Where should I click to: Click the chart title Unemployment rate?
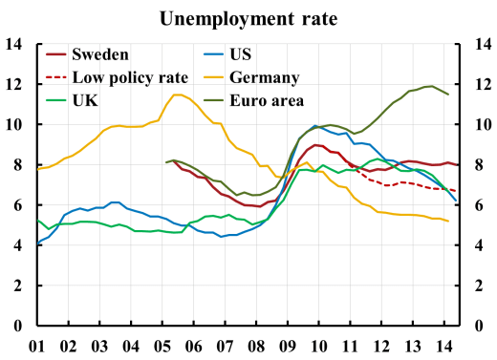pos(248,17)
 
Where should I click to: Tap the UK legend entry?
pos(89,99)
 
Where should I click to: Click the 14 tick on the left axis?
pos(14,44)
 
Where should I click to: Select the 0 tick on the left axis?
pos(19,327)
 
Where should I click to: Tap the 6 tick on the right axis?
pos(476,205)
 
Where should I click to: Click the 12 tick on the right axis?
pos(480,84)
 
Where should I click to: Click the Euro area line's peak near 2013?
pos(430,86)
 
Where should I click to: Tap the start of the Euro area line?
pos(165,162)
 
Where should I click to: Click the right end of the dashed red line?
pos(454,191)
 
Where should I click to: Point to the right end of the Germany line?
pos(448,222)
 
